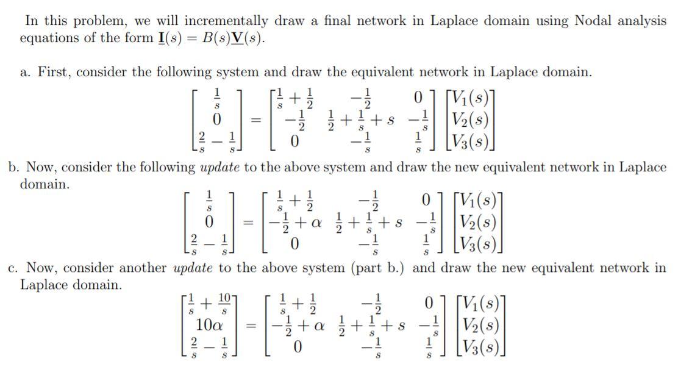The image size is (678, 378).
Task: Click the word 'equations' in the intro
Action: (x=50, y=38)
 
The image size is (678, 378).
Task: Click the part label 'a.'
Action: (x=26, y=72)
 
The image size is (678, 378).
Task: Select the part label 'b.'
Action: (x=14, y=167)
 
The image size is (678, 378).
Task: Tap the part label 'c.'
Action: (x=14, y=268)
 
